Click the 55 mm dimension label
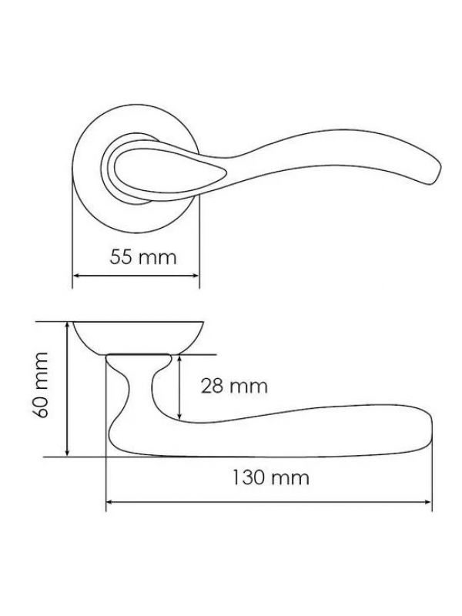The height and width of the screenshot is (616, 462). point(143,257)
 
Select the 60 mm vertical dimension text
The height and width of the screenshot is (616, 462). point(41,385)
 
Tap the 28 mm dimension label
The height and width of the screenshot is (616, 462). point(234,387)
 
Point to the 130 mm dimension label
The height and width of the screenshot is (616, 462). point(271,477)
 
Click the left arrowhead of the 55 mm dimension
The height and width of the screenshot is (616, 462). point(77,276)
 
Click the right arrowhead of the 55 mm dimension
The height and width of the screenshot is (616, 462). point(196,276)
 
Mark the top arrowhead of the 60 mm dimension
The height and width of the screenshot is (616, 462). point(68,326)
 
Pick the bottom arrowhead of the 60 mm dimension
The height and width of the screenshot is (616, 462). point(68,452)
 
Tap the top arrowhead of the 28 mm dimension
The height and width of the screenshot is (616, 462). point(179,359)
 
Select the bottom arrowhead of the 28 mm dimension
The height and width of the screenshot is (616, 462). point(179,415)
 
